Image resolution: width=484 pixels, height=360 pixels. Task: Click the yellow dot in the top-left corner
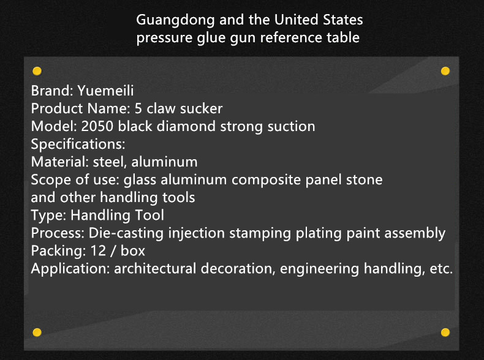(37, 71)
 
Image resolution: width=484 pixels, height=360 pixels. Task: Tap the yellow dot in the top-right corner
(445, 71)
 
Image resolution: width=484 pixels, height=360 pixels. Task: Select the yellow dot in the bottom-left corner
(37, 332)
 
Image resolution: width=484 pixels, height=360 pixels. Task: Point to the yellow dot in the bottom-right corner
(445, 332)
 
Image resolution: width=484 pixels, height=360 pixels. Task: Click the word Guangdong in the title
(175, 20)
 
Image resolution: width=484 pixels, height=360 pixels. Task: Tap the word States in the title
(342, 20)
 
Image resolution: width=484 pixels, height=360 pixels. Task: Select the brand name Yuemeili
(105, 91)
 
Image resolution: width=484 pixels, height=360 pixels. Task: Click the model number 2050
(97, 127)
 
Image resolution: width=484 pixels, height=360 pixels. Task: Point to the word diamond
(186, 127)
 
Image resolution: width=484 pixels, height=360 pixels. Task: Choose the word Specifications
(78, 144)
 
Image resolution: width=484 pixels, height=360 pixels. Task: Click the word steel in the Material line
(110, 162)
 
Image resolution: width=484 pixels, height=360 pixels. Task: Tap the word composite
(266, 180)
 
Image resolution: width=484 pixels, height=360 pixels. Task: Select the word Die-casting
(126, 233)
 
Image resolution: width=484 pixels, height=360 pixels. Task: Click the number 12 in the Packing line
(98, 251)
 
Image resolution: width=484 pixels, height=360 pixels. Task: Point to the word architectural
(155, 269)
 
